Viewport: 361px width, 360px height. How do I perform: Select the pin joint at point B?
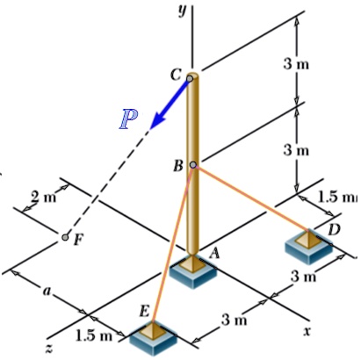click(192, 164)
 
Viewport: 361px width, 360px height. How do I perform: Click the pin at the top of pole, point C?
click(190, 78)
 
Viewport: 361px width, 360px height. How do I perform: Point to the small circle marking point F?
click(65, 237)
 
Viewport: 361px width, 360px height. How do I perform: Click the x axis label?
click(307, 331)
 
